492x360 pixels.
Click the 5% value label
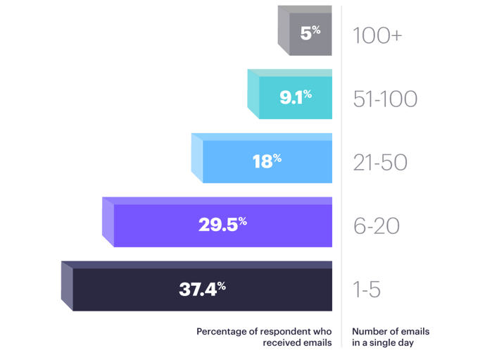click(x=310, y=32)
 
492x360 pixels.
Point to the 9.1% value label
click(x=296, y=97)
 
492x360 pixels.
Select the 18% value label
click(x=267, y=161)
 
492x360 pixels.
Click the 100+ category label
click(x=377, y=35)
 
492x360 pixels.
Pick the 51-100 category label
click(x=385, y=99)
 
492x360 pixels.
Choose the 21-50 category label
click(x=380, y=163)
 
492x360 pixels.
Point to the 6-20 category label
click(x=377, y=226)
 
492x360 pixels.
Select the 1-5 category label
click(x=367, y=290)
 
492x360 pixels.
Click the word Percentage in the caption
click(x=220, y=331)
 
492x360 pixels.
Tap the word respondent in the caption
click(x=291, y=331)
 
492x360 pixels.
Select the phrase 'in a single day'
click(x=383, y=343)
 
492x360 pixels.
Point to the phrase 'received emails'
click(x=297, y=343)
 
